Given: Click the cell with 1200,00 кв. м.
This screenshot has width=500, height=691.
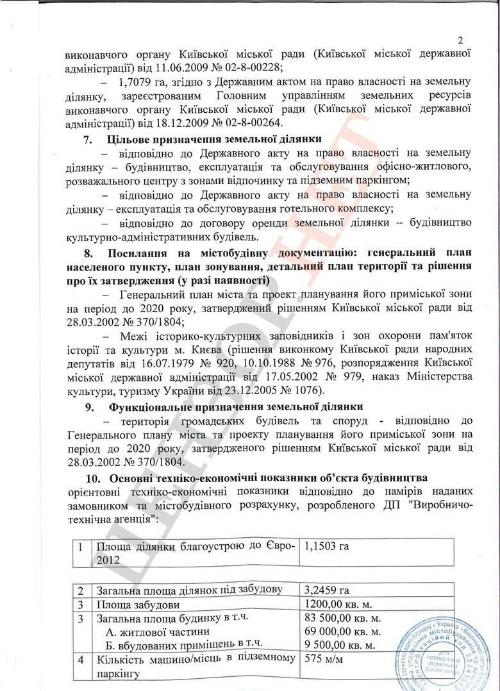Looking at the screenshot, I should coord(342,604).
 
